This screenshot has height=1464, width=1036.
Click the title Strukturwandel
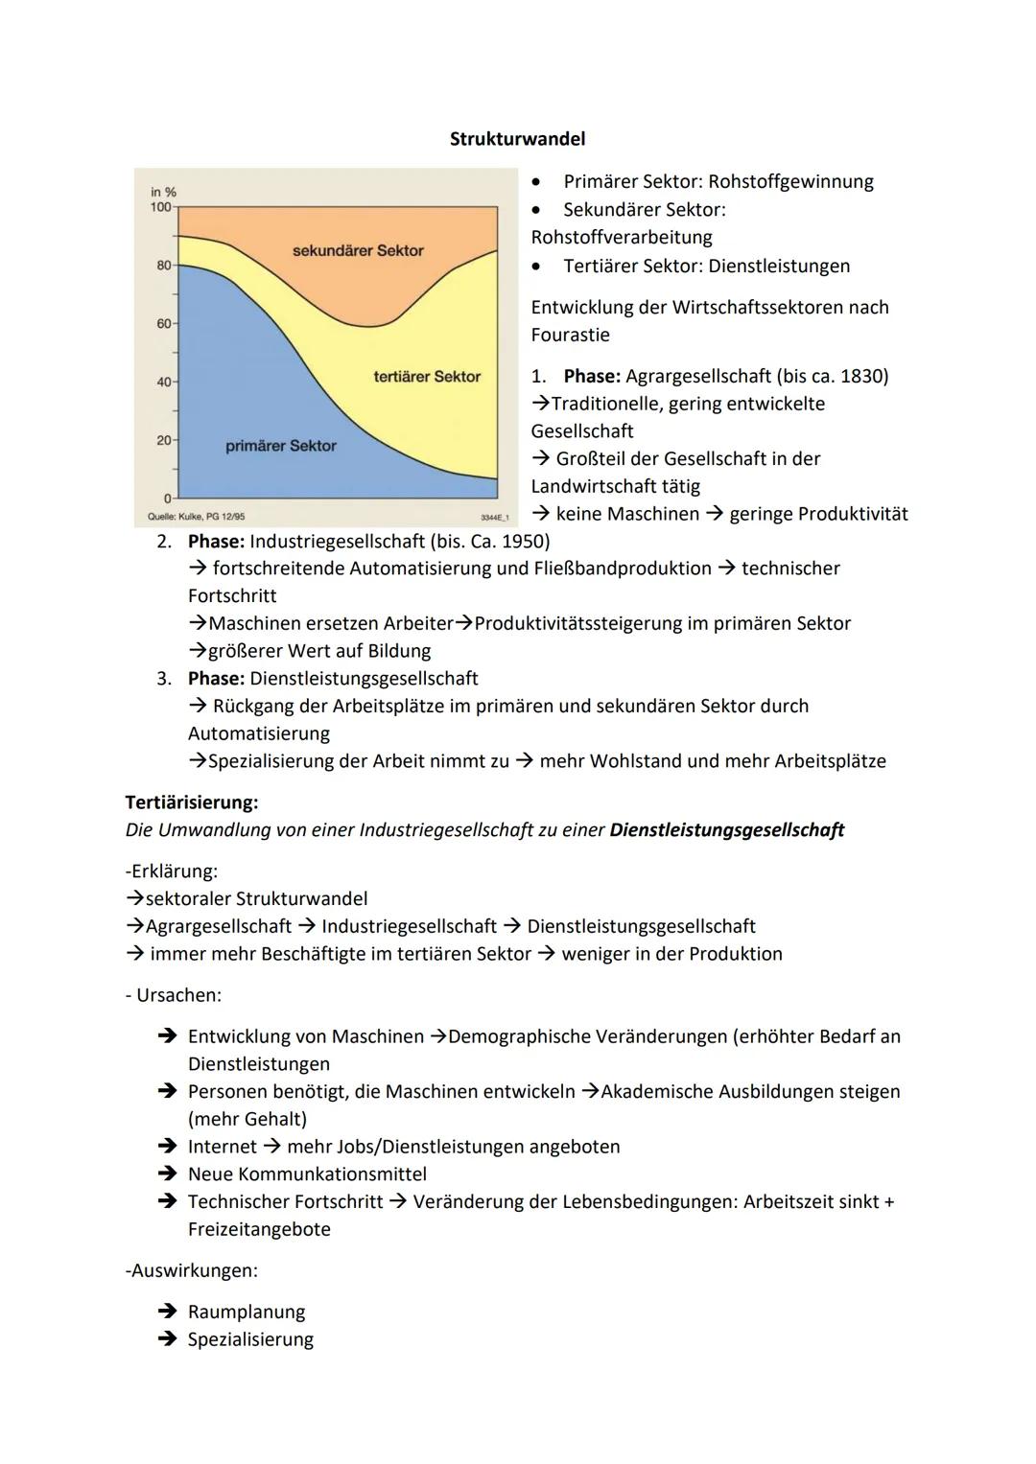point(517,139)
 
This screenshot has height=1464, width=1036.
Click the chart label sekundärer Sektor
point(358,250)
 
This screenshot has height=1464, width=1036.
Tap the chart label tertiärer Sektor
point(427,377)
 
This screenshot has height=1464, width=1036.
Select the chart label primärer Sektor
point(281,446)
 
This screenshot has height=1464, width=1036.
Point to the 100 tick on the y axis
point(161,207)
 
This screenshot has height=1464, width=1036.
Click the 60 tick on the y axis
point(164,324)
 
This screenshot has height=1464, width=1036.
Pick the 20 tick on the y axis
point(164,440)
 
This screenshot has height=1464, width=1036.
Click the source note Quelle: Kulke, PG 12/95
point(197,517)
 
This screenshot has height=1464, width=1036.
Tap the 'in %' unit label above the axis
point(164,193)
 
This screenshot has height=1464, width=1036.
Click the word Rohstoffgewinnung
point(790,182)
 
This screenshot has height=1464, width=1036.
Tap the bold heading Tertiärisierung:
point(192,802)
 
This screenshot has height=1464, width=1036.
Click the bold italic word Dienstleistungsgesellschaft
point(726,830)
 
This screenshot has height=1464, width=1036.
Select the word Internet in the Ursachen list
point(223,1147)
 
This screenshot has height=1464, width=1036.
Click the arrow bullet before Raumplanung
point(167,1313)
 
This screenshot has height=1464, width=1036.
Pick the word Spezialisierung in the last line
point(250,1340)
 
